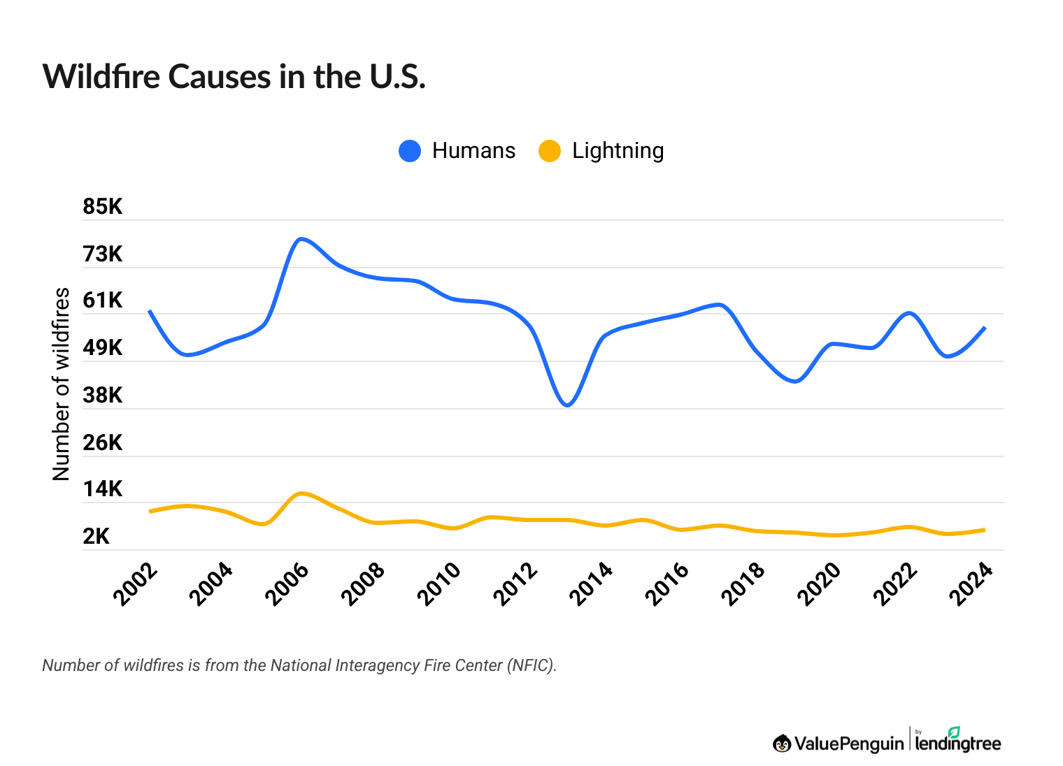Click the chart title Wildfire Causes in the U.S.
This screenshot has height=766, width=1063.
point(234,77)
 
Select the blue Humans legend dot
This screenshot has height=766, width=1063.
point(410,151)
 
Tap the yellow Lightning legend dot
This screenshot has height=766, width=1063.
point(550,151)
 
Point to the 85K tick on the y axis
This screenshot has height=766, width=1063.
point(103,207)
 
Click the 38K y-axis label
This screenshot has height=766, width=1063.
point(103,396)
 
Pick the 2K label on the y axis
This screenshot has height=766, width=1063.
point(97,537)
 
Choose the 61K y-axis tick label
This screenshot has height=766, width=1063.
point(103,301)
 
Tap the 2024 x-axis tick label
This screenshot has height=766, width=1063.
point(971,584)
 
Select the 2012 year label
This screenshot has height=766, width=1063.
point(516,584)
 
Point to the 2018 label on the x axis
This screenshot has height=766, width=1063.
point(743,584)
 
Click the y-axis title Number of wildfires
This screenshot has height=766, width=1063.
point(62,384)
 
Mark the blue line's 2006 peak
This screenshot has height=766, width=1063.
point(300,239)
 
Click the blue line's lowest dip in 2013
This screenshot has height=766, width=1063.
point(567,405)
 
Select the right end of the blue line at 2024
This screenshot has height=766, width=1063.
point(984,328)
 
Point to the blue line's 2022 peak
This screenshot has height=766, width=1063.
point(908,312)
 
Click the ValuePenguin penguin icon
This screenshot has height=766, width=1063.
point(782,744)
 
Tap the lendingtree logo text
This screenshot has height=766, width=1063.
point(958,744)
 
